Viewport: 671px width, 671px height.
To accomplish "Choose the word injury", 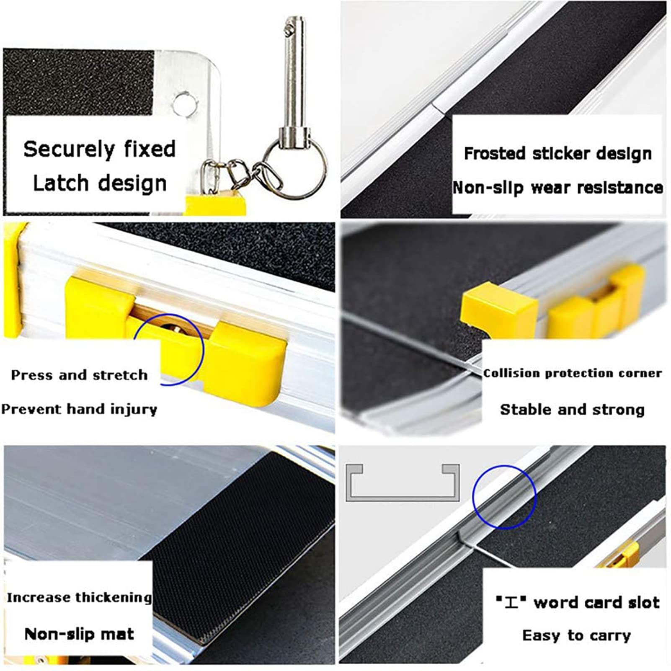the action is click(x=134, y=409).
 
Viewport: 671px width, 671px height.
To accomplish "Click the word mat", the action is click(x=120, y=634).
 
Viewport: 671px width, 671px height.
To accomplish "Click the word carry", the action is click(x=612, y=636).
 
